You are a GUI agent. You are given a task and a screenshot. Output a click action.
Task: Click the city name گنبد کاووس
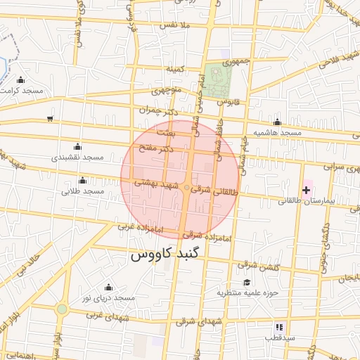point(165,255)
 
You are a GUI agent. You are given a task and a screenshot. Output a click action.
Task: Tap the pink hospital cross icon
point(307,190)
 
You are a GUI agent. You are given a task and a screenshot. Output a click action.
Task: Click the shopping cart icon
point(50,118)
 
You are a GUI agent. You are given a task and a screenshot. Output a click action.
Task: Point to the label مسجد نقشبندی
point(77,158)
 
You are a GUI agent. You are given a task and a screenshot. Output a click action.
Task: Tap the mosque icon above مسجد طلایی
point(83,180)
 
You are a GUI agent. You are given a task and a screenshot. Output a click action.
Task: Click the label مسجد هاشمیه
point(278,133)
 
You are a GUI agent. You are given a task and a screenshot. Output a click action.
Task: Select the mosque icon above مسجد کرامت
point(20,79)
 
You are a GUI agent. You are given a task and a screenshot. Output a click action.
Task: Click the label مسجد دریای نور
point(108,298)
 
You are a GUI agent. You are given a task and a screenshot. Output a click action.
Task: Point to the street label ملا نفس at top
point(176,25)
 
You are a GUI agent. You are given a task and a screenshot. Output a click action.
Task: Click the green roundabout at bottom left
point(62,309)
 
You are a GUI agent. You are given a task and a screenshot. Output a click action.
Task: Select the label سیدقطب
point(279,337)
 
